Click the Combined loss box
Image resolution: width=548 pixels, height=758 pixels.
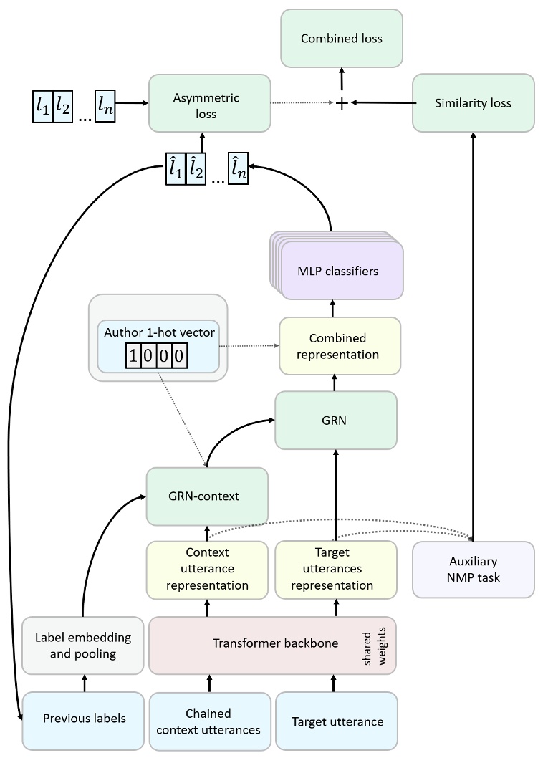coord(342,39)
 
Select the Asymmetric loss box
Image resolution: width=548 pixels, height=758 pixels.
coord(210,104)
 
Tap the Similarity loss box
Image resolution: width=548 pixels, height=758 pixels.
coord(473,103)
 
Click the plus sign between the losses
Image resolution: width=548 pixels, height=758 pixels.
coord(342,104)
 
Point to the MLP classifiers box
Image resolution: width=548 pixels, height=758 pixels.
coord(337,272)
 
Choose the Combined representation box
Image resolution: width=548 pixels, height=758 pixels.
coord(340,346)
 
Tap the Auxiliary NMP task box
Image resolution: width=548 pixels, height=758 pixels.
coord(473,570)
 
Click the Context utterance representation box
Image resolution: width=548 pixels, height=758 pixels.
coord(207,570)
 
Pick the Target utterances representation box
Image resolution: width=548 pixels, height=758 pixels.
coord(335,570)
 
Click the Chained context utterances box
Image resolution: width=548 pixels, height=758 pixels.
coord(208,719)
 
